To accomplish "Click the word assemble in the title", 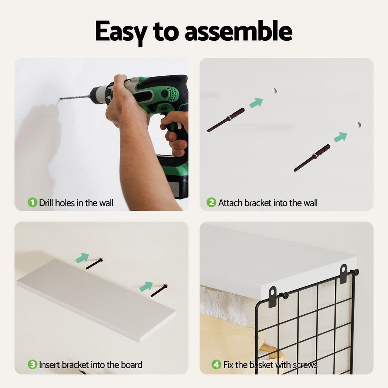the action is click(239, 31).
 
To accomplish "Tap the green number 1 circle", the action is click(33, 203).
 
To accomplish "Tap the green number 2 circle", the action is click(211, 203).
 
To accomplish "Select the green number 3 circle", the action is click(33, 364).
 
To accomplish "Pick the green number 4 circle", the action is click(217, 364).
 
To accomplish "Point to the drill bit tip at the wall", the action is click(61, 99).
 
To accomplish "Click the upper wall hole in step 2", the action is click(274, 90).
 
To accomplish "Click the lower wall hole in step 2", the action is click(359, 125).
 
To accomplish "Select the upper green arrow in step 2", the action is click(256, 103).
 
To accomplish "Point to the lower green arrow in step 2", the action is click(341, 137).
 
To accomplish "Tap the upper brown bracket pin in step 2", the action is click(226, 120).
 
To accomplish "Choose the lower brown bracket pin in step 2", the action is click(312, 158).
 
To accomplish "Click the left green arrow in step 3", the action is click(82, 258).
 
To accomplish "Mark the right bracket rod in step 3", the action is click(159, 291).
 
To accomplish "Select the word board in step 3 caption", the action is click(132, 365).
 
